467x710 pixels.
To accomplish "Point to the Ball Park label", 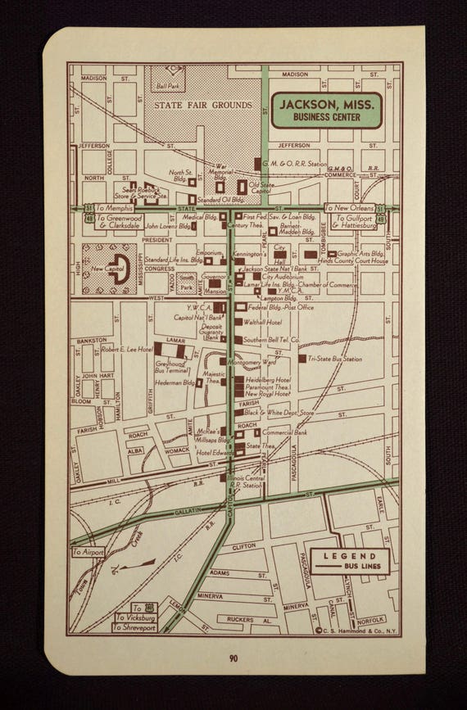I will (x=167, y=85).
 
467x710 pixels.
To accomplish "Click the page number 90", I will (x=233, y=657).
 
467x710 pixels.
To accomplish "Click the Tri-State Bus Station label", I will (x=335, y=359).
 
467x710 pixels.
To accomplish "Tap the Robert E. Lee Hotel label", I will (x=126, y=349).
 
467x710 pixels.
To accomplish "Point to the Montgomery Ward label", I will (x=252, y=362).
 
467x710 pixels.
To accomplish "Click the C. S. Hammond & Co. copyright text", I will (x=353, y=631).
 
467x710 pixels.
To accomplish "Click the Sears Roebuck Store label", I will (x=139, y=192).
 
